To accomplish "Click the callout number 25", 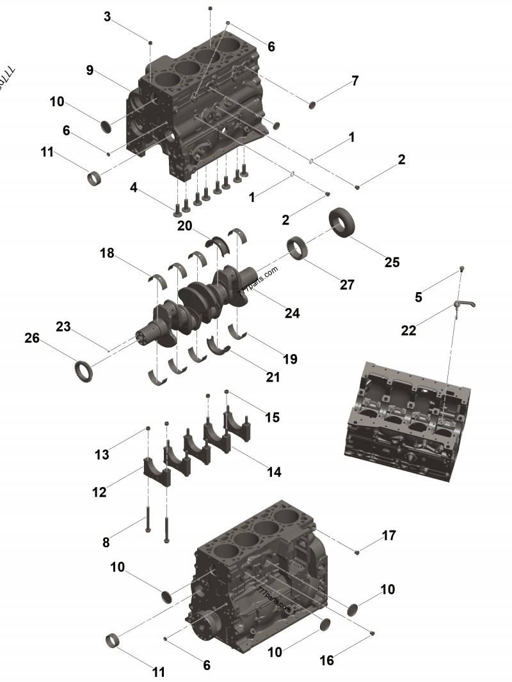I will click(391, 261).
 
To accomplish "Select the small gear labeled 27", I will click(298, 246).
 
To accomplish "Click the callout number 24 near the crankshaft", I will click(292, 313).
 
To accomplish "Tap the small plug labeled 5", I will click(462, 269).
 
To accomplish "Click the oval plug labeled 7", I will click(314, 104).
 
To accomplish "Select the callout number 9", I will click(90, 70).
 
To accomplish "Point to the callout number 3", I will click(108, 17).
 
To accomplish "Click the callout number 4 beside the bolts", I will click(133, 187).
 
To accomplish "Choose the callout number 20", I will click(184, 226).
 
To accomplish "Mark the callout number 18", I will click(107, 253).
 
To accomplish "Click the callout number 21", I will click(273, 377).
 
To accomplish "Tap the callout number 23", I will click(63, 326).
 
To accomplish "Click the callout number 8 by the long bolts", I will click(106, 542).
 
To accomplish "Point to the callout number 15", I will click(272, 417).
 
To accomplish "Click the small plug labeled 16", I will click(372, 633).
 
